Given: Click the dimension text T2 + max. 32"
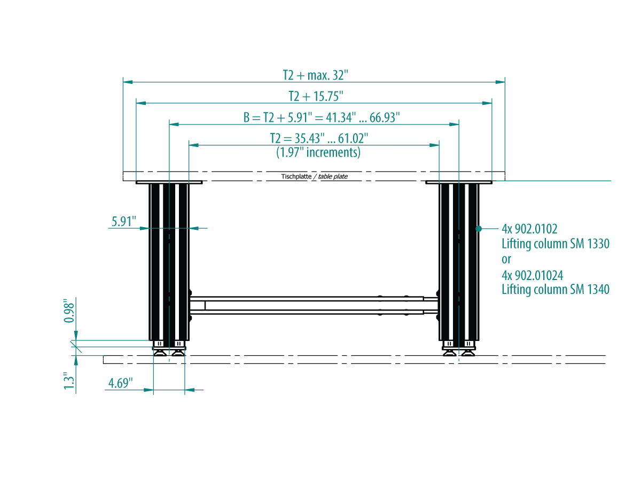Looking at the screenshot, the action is coord(315,75).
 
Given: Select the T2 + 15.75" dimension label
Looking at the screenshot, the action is coord(316,96).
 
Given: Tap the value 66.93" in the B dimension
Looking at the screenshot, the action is coord(385,118).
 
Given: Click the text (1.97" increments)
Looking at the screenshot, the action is coord(318,152).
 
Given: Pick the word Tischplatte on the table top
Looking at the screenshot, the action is coord(296,176).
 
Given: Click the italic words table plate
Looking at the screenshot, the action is coord(333,176).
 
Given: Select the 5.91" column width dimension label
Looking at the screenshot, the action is coord(124,221).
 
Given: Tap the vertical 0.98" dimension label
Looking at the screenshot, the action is coord(69,311).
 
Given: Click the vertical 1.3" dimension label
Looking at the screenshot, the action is coord(69,381).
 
